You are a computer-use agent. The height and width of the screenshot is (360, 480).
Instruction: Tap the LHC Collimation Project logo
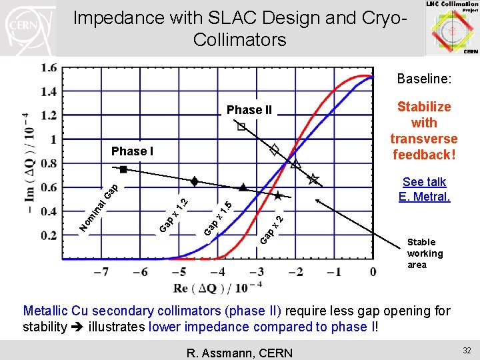point(451,27)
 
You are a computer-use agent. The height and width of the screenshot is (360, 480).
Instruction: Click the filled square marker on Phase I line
point(123,169)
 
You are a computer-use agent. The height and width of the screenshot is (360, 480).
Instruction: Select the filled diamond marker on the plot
point(194,181)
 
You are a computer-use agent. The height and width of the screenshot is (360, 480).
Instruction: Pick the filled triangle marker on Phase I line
point(243,187)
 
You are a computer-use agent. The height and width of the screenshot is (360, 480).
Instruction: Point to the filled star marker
point(278,196)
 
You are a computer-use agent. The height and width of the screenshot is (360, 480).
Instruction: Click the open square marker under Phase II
point(241,126)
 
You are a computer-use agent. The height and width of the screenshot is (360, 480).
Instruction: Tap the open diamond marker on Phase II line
point(274,150)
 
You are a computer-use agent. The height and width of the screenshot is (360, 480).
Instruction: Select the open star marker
point(313,179)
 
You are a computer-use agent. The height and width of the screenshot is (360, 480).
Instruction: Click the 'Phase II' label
point(249,110)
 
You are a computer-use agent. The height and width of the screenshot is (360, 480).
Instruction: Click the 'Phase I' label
point(132,151)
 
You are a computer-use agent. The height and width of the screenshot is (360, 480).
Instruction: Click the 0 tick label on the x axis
point(373,272)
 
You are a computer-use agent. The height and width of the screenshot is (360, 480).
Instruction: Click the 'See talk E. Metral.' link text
point(424,189)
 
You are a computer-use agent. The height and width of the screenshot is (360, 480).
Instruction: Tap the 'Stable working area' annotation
point(425,253)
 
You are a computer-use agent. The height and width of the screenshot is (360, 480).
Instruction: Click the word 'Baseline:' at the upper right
point(424,79)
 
